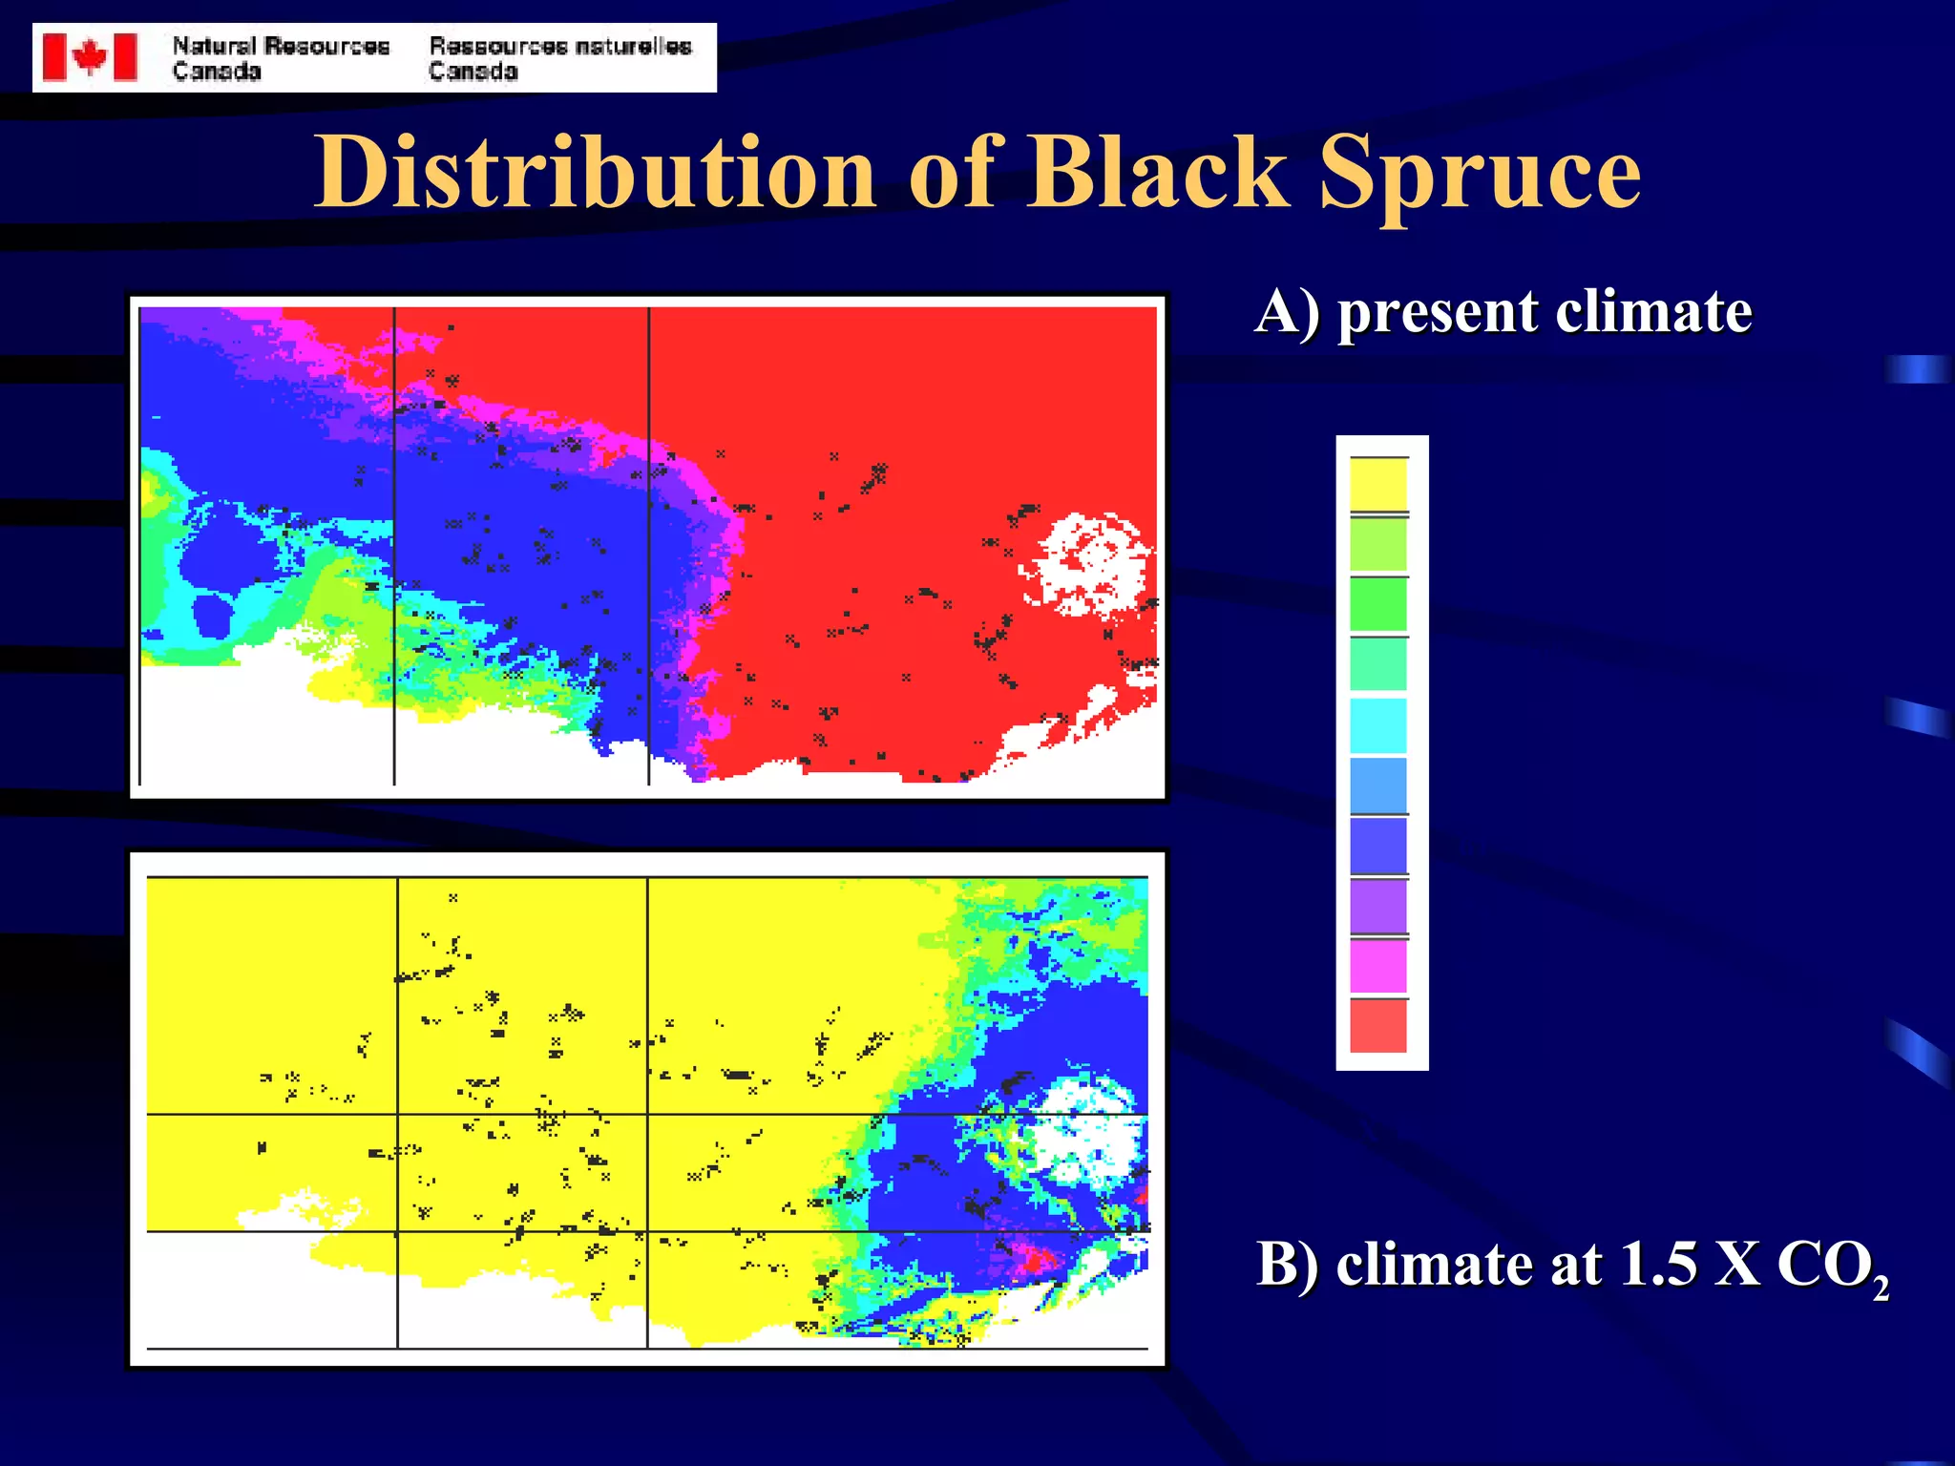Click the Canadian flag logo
click(x=90, y=57)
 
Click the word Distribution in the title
click(x=594, y=173)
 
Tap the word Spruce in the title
click(x=1479, y=173)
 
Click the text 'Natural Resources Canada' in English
click(x=280, y=58)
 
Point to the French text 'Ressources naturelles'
click(x=559, y=46)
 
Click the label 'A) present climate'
click(x=1503, y=312)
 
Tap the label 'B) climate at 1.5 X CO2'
click(x=1570, y=1265)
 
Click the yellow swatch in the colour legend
click(x=1377, y=484)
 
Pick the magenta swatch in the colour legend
click(x=1377, y=966)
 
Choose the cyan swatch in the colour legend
click(x=1377, y=725)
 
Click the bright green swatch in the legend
click(x=1377, y=604)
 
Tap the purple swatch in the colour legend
click(x=1377, y=906)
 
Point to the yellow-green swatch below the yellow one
click(x=1377, y=544)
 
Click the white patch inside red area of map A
click(x=1088, y=563)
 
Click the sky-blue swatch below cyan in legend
click(x=1377, y=785)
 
